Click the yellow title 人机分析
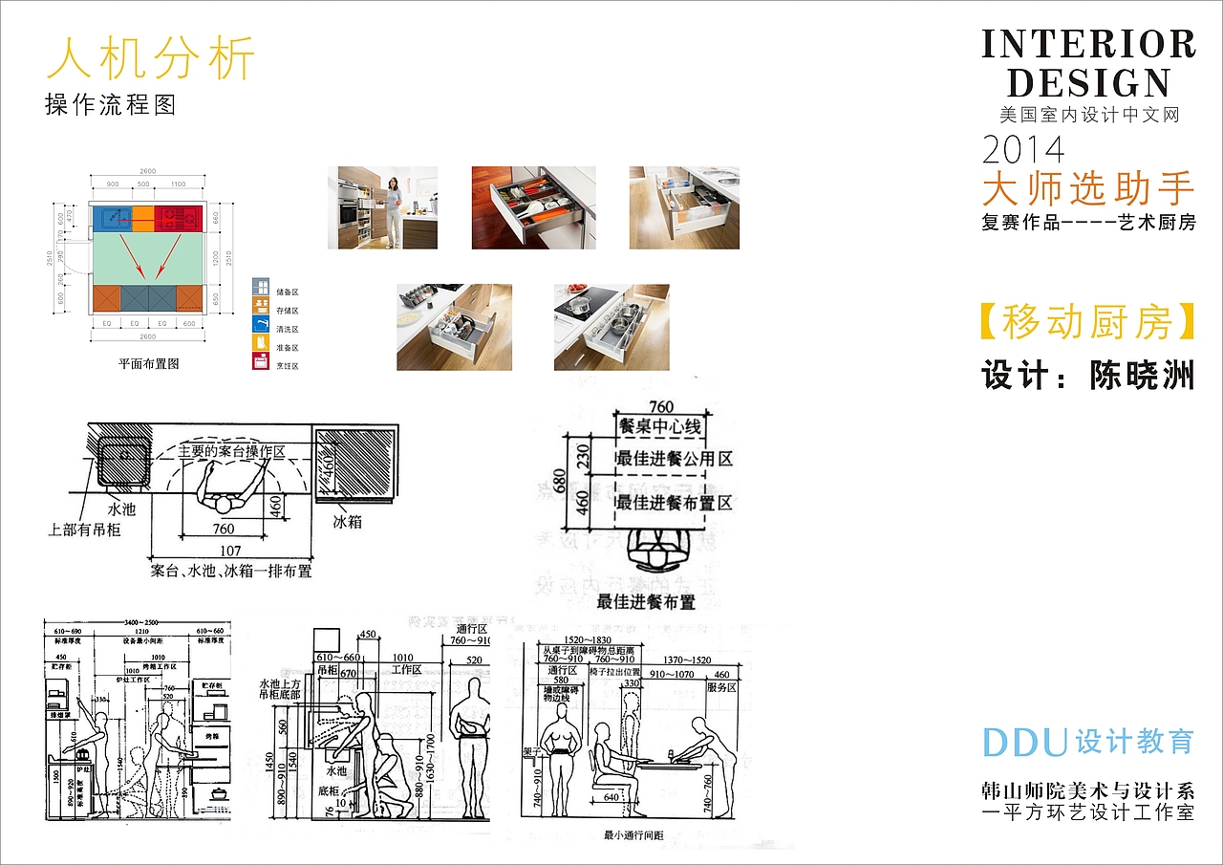151,59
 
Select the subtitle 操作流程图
111,104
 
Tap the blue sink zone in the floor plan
110,219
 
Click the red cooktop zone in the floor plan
179,218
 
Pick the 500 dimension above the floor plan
143,184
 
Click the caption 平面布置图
148,363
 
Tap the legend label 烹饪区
289,365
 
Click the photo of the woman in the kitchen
382,207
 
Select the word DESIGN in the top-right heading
1088,83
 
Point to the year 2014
1023,149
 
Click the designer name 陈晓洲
1142,376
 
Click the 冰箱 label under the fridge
347,522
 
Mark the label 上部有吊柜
85,529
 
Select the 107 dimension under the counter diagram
229,551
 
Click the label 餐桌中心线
660,426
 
